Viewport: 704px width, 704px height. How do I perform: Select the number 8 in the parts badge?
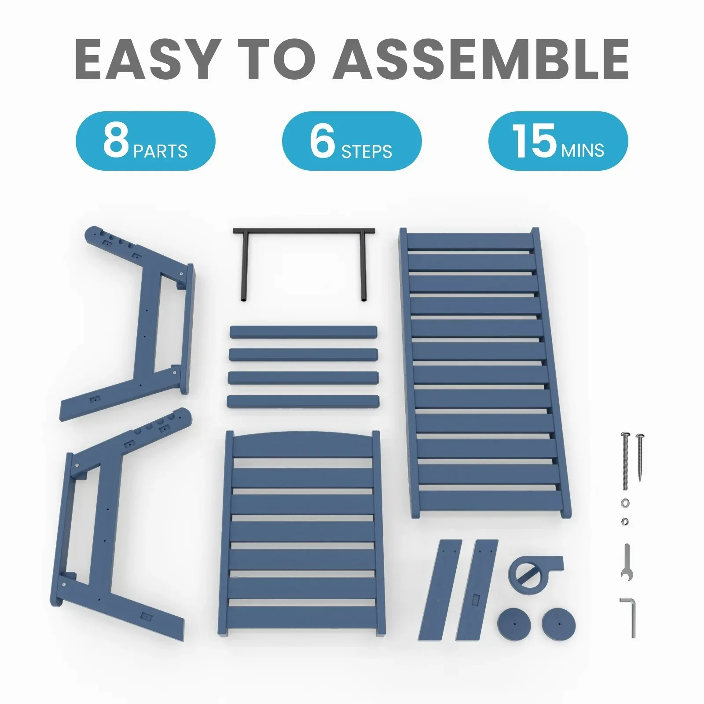click(116, 140)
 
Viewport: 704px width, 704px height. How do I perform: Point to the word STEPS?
click(367, 152)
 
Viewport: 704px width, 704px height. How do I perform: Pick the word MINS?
click(582, 150)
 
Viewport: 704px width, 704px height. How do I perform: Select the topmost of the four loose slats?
click(304, 332)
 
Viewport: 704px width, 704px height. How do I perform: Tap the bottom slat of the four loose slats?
click(304, 401)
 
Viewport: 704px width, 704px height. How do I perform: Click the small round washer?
click(625, 502)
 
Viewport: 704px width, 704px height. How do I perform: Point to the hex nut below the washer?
click(625, 521)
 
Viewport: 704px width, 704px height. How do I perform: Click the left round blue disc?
click(514, 623)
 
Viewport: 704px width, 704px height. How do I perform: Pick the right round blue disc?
click(558, 623)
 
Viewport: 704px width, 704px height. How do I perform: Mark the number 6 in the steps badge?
click(322, 140)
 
